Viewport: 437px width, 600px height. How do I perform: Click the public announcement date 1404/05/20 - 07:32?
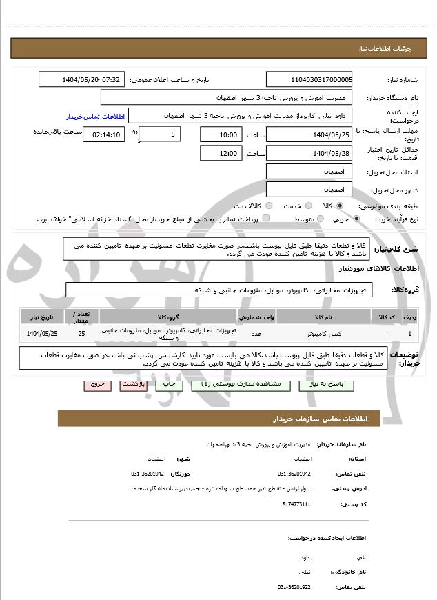pyautogui.click(x=82, y=79)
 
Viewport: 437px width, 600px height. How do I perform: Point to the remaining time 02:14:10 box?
pyautogui.click(x=103, y=134)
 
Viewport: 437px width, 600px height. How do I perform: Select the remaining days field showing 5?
pyautogui.click(x=160, y=133)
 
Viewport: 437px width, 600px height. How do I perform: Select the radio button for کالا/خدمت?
pyautogui.click(x=269, y=206)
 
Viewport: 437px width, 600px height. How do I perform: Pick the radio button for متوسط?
pyautogui.click(x=318, y=219)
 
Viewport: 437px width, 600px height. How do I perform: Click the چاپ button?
pyautogui.click(x=170, y=385)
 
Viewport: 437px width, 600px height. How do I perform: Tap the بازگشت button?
pyautogui.click(x=134, y=385)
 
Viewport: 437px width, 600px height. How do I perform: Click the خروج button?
pyautogui.click(x=97, y=385)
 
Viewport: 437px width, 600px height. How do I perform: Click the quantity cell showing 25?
pyautogui.click(x=81, y=334)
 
